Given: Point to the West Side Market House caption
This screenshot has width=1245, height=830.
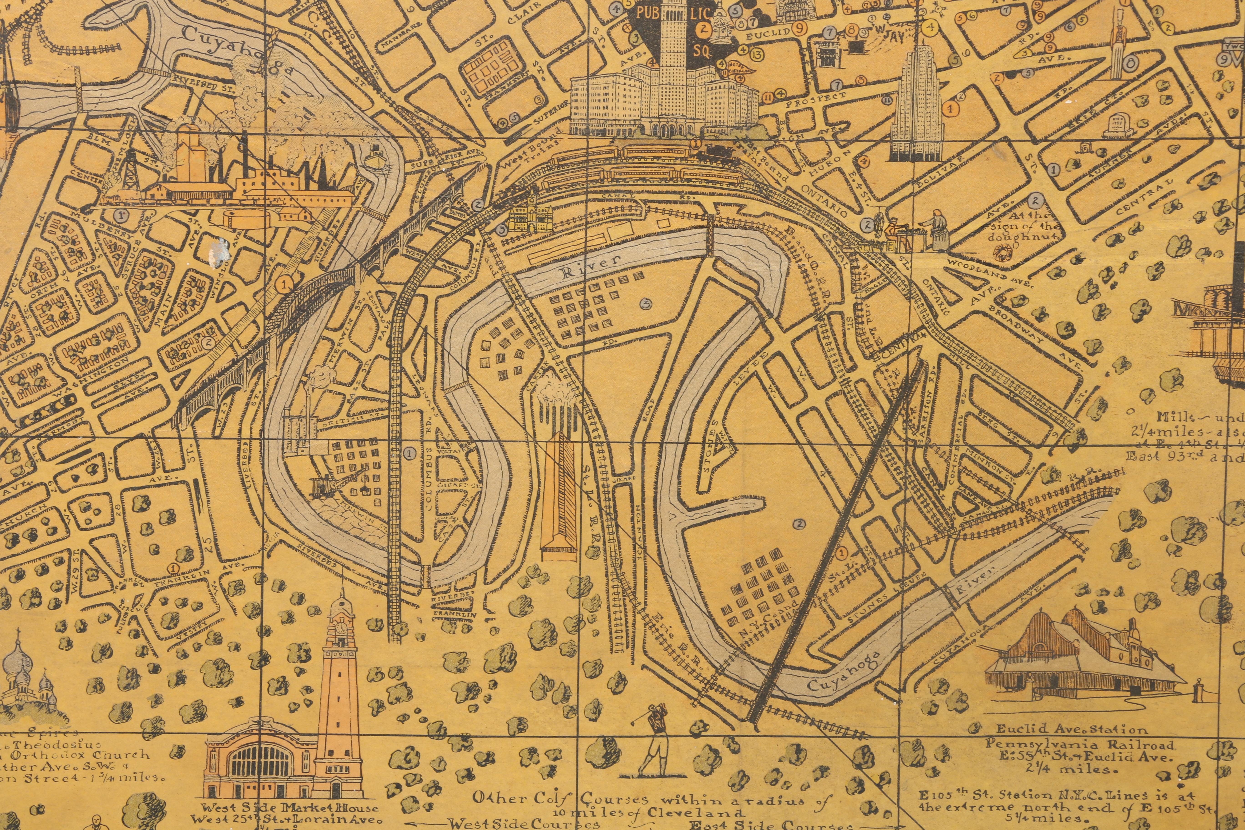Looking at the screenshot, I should click(x=291, y=808).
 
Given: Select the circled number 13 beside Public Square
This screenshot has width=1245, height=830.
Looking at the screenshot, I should click(x=757, y=53).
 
